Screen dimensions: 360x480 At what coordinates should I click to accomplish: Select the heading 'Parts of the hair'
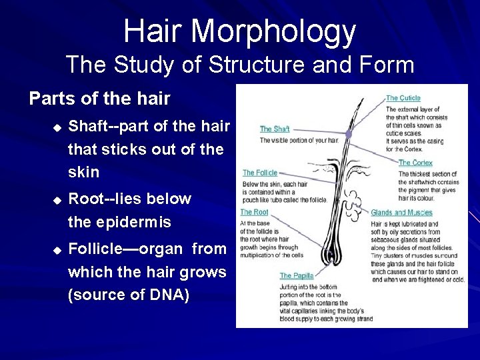(99, 99)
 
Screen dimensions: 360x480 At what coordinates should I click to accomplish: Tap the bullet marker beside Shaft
(57, 127)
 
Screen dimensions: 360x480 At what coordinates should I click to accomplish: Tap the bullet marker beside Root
(57, 199)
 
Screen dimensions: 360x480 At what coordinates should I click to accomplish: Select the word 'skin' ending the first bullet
(83, 172)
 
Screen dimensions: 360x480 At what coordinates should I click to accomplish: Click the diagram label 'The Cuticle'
(403, 99)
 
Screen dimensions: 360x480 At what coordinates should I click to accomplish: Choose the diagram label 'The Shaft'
(275, 129)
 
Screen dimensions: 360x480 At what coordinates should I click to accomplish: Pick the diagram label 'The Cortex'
(415, 163)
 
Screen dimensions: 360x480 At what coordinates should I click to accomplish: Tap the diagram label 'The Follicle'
(260, 173)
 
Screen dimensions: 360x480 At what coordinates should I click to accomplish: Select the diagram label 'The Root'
(254, 213)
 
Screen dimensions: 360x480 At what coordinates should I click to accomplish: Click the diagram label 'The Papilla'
(296, 275)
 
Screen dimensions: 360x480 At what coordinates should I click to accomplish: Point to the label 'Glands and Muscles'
(402, 213)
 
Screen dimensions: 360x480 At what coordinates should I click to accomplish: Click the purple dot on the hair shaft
(348, 134)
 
